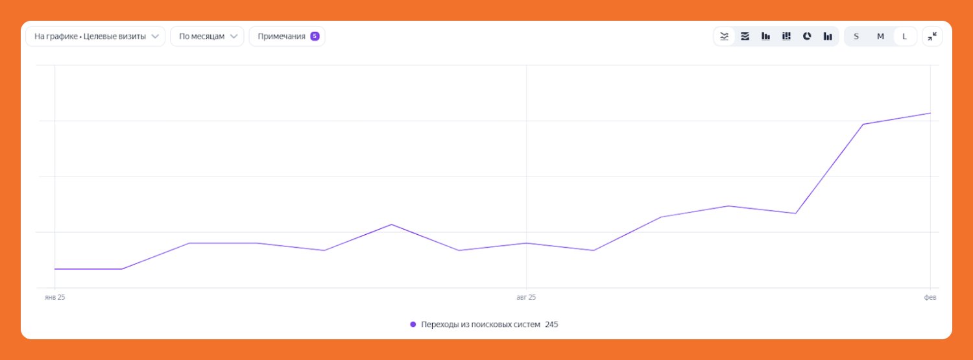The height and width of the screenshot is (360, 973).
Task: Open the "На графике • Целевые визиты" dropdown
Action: click(x=95, y=36)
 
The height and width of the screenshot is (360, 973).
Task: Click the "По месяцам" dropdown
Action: click(x=207, y=36)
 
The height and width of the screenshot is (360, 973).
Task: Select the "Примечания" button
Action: click(x=282, y=36)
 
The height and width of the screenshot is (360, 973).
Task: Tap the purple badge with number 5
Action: click(x=315, y=36)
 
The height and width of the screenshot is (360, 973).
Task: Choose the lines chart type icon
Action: click(x=725, y=36)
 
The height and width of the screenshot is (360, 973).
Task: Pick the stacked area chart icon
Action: click(x=745, y=36)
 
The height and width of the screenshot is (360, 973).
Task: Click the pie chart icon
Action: click(x=807, y=36)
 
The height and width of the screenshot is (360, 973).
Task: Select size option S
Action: click(x=856, y=36)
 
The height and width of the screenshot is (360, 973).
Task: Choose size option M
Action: click(x=880, y=36)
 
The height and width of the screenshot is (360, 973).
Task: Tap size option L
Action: click(x=904, y=36)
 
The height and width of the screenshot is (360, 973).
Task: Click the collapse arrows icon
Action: click(x=932, y=36)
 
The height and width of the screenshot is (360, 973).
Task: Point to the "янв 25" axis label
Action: click(x=55, y=297)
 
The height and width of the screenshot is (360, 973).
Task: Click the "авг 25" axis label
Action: click(x=526, y=297)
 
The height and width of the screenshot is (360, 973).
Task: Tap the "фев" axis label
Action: click(x=930, y=297)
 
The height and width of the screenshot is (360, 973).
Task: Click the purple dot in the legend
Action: click(x=413, y=324)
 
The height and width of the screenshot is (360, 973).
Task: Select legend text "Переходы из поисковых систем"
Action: click(x=481, y=324)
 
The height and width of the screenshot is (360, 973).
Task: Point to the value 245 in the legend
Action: click(x=551, y=324)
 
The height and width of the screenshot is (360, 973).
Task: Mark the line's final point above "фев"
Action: click(x=930, y=113)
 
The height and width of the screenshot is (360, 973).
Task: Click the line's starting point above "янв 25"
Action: click(x=55, y=269)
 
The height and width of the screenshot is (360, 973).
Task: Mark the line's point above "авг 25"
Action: click(x=526, y=243)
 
